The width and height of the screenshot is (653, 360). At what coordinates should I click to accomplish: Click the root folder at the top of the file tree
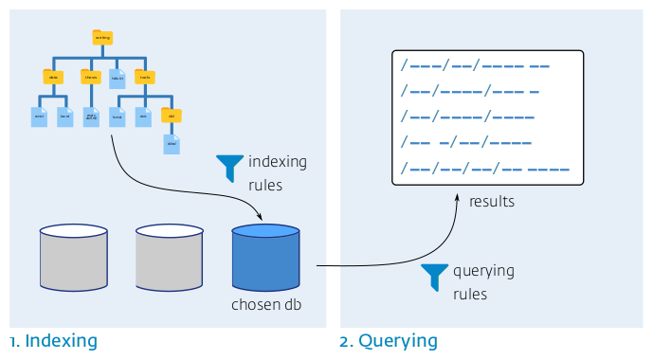point(102,38)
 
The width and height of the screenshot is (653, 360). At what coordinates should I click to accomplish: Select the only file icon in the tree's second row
point(118,78)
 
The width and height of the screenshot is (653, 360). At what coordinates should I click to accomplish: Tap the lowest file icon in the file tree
point(172,144)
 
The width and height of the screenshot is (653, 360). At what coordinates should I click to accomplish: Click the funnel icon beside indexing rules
point(229,168)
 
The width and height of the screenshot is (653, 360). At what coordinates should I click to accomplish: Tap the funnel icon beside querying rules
point(435,277)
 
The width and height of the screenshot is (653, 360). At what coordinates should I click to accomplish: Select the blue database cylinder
point(265,257)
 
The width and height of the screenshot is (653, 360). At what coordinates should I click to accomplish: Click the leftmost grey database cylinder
point(74,257)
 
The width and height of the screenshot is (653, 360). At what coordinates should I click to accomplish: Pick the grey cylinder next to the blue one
point(170,257)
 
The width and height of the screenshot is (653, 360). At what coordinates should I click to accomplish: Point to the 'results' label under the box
point(491,202)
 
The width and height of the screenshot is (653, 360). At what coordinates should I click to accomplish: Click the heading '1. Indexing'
point(53,340)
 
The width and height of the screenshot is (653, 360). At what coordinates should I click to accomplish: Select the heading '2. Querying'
point(389,340)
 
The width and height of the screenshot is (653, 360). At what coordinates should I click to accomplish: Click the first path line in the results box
point(475,66)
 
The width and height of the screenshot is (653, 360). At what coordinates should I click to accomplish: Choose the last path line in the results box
point(484,170)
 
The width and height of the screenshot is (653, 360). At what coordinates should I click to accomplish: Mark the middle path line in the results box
point(467,118)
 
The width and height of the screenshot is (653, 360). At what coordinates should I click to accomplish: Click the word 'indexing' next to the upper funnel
point(278,162)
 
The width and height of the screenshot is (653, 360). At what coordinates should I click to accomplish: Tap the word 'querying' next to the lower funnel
point(483,271)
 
